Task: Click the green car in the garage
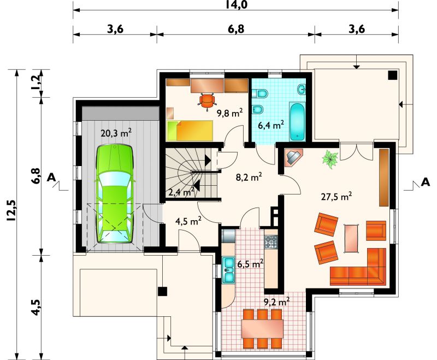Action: pos(115,194)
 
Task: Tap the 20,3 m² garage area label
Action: pos(116,133)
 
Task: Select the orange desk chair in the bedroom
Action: pos(207,101)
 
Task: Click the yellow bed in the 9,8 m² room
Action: pos(190,131)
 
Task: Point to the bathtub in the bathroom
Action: pos(298,121)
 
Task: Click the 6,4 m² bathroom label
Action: pos(271,125)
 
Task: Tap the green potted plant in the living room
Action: pos(330,159)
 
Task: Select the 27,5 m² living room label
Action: pos(336,197)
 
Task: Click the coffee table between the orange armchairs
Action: pos(351,238)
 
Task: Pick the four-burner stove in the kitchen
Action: pos(271,242)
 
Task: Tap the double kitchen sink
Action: pos(229,270)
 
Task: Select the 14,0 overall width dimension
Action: pos(236,5)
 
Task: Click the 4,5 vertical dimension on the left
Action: pos(37,308)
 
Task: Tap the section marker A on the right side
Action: pos(426,182)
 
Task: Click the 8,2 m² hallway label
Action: pos(249,177)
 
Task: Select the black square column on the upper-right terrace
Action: pos(393,75)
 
